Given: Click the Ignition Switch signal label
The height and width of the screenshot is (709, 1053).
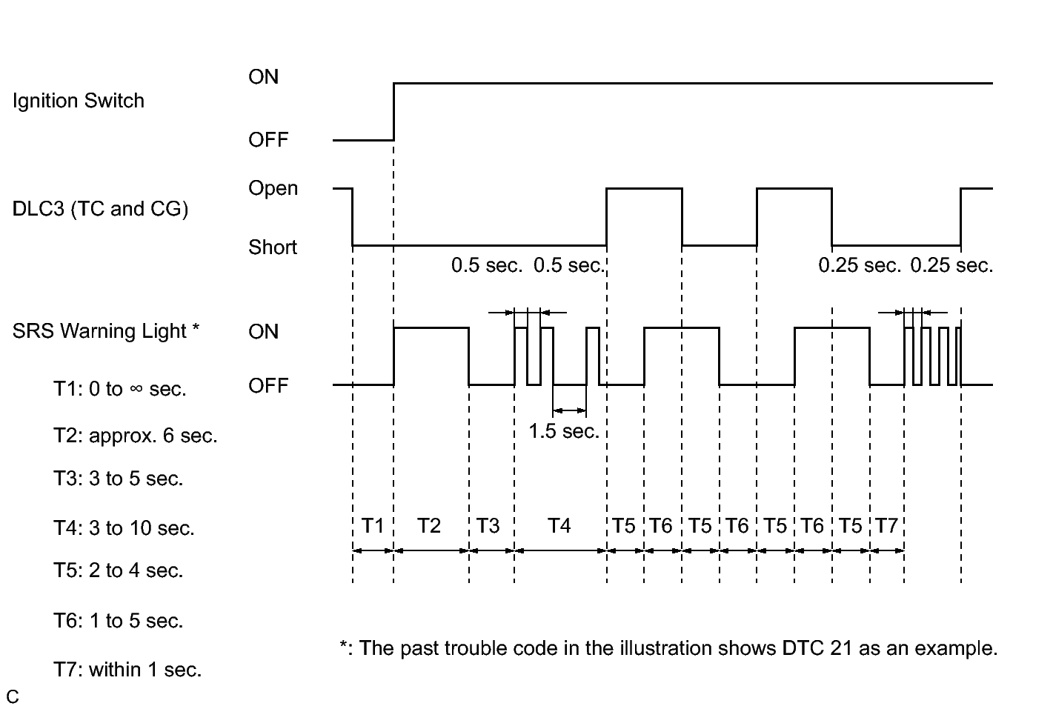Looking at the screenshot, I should point(78,101).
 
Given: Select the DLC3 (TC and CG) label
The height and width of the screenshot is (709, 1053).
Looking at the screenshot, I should point(100,209).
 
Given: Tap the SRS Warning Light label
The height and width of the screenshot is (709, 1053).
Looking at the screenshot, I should point(105,331).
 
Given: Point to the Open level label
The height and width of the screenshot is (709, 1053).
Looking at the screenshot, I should point(273,188).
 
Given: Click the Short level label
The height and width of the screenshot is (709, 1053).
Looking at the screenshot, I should point(272,247).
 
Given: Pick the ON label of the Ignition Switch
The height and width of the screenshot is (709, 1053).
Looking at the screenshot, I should point(263,77).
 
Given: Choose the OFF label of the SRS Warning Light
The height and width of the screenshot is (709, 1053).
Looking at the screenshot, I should point(268,386).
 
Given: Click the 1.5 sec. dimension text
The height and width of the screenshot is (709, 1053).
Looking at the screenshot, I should point(563,431).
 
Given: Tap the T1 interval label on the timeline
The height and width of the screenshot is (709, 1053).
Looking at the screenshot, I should point(373,526).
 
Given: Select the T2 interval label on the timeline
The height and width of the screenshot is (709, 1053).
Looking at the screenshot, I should point(428,526).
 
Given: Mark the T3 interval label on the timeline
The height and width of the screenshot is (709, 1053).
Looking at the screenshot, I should point(488,526).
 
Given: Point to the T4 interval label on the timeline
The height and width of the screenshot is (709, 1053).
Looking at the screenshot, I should point(559,526).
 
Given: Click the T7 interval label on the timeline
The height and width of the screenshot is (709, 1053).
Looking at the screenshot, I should point(886,526).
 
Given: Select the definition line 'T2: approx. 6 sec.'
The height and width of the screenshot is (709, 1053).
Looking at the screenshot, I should point(135,436).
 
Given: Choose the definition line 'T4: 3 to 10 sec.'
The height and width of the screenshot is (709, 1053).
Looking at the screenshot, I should point(123,528).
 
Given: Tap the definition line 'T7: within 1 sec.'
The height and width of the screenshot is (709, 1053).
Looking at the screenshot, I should point(127,670).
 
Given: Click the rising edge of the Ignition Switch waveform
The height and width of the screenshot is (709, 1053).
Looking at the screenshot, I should point(393,111).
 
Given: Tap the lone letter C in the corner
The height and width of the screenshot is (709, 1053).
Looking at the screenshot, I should point(12,697).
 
